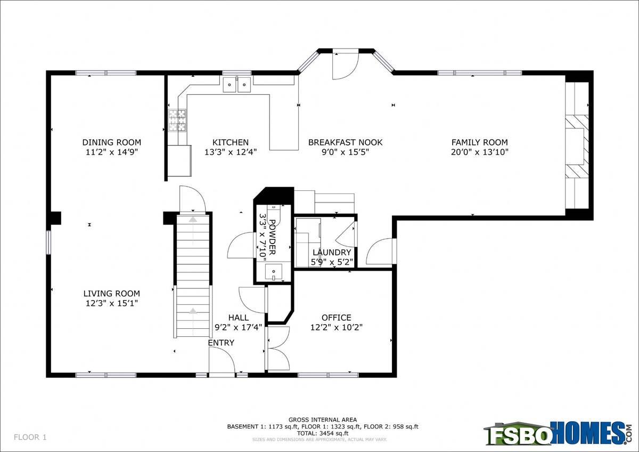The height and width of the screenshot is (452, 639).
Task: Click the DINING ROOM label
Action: coord(111,142)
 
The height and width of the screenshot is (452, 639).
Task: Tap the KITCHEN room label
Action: coord(231,142)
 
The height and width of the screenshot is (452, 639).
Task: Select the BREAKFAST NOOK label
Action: coord(345,142)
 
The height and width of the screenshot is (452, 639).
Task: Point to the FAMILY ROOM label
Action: coord(480,142)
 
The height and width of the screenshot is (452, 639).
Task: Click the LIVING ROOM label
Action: coord(111,293)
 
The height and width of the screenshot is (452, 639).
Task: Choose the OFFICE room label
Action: coord(337,318)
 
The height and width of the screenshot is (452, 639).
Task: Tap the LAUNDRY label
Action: coord(332,253)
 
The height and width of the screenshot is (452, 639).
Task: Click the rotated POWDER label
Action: coord(273,237)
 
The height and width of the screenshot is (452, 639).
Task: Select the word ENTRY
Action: coord(221,343)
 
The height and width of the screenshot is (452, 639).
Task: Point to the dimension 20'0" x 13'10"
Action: coord(480,152)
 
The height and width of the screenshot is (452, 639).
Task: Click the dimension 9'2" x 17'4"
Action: coord(238,327)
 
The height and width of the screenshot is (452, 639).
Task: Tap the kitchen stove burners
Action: coord(177,120)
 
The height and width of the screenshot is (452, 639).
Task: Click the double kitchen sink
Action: coord(237,85)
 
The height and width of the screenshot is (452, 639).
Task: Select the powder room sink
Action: coord(274,271)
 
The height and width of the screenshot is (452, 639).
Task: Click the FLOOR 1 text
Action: coord(30,437)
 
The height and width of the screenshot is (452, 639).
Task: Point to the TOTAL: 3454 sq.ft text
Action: coord(323,433)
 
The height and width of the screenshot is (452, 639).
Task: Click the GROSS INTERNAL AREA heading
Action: coord(323,419)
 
